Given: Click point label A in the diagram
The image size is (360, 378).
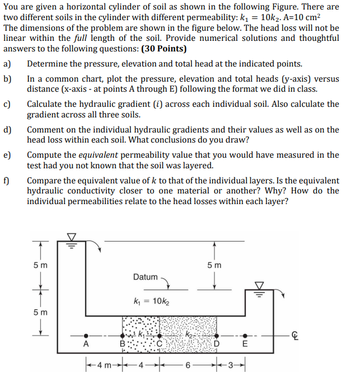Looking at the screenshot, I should point(86,344).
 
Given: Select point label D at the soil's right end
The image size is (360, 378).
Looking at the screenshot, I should point(223,343).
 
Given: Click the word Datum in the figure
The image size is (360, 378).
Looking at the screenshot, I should point(146,277).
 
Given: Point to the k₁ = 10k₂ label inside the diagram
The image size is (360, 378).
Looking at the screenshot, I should point(150,303).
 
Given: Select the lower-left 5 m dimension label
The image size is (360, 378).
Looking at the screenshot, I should point(40,312).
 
